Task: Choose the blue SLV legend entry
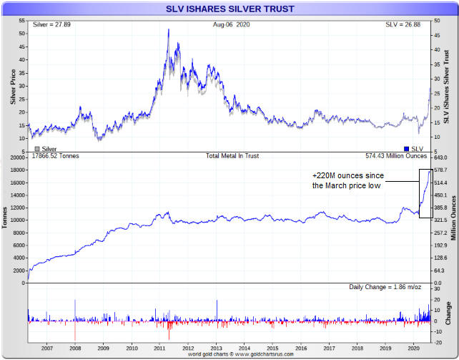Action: [412, 149]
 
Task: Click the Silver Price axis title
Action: [13, 86]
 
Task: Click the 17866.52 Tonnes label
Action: [54, 156]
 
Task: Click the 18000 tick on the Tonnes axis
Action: [17, 170]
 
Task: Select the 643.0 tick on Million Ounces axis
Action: [440, 157]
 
